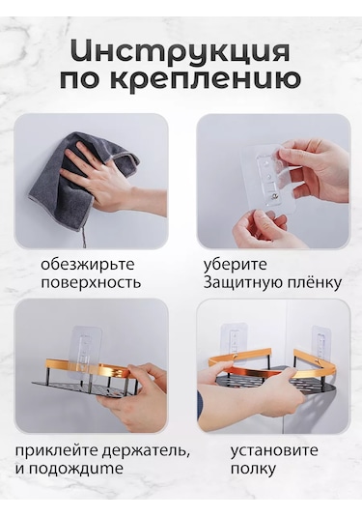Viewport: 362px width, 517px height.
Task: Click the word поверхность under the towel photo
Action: tap(91, 283)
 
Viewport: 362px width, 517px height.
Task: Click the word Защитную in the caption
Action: tap(239, 283)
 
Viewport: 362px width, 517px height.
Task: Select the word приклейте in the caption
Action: tap(55, 451)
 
